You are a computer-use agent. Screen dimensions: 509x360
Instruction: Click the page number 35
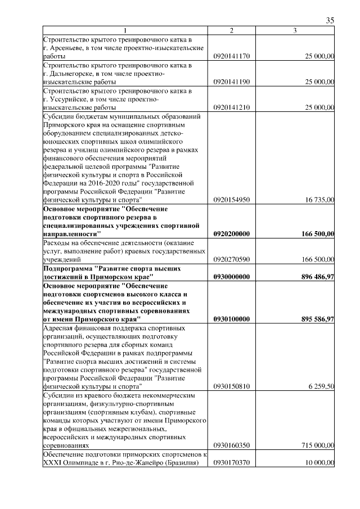pyautogui.click(x=330, y=21)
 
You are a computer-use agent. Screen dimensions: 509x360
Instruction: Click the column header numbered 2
pyautogui.click(x=231, y=30)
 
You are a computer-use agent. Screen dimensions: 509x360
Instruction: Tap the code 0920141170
pyautogui.click(x=231, y=56)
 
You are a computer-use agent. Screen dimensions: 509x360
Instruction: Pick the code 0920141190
pyautogui.click(x=231, y=82)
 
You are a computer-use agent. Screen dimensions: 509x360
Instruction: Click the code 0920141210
pyautogui.click(x=231, y=107)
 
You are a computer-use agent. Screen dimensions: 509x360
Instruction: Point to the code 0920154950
pyautogui.click(x=231, y=199)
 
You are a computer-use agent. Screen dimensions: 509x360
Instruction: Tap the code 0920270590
pyautogui.click(x=231, y=259)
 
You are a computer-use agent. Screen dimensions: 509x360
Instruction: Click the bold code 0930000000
pyautogui.click(x=231, y=277)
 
